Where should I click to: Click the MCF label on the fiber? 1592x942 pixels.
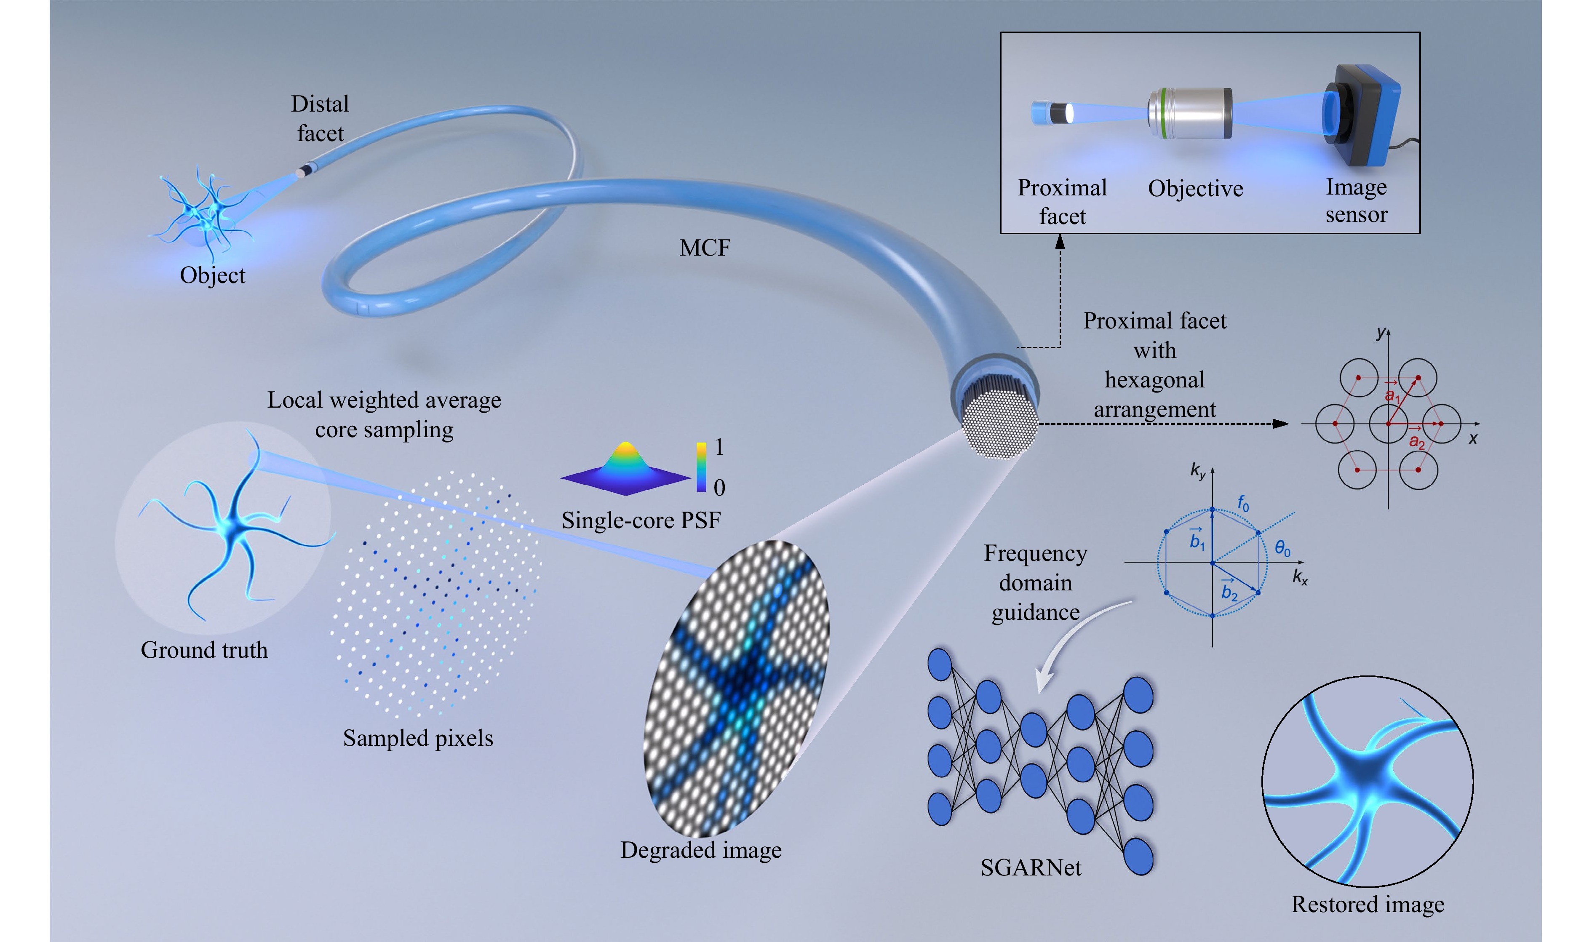[705, 248]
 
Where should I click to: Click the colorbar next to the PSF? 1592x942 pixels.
[701, 467]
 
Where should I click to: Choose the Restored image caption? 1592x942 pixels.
[1368, 904]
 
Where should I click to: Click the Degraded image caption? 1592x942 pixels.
[701, 849]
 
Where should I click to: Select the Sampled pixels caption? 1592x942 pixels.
[418, 738]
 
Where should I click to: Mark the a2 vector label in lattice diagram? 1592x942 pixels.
[1417, 440]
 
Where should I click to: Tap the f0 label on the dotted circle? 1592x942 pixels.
[1243, 504]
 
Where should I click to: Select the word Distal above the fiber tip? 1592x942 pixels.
[320, 104]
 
